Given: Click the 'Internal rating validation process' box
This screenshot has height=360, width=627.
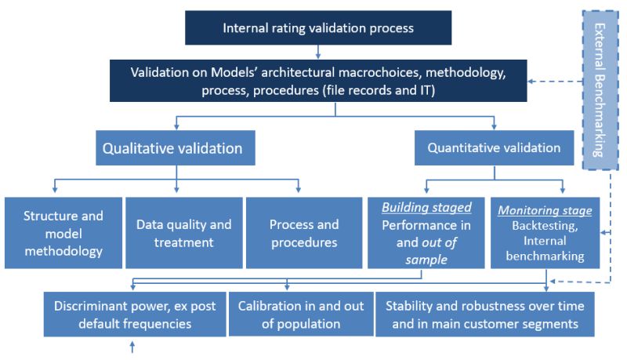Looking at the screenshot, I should [318, 29].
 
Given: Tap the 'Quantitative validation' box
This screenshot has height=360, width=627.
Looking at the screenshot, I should [494, 147].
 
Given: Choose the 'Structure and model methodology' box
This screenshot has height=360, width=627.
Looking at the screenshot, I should [63, 233].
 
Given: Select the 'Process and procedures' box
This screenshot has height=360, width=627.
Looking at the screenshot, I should [304, 233].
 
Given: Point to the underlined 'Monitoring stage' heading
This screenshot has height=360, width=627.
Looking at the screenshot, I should [545, 210].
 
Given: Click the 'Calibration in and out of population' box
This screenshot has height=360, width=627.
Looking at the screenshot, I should [296, 314].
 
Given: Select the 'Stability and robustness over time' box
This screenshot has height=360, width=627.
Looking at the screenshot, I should [485, 314].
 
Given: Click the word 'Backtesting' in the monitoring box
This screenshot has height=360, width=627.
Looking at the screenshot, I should [545, 226].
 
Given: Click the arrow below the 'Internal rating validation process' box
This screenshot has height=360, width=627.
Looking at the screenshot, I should [318, 52].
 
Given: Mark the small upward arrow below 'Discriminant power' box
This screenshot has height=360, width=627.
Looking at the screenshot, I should [131, 346].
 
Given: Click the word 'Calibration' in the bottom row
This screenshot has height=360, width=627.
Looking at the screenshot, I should [272, 306].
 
